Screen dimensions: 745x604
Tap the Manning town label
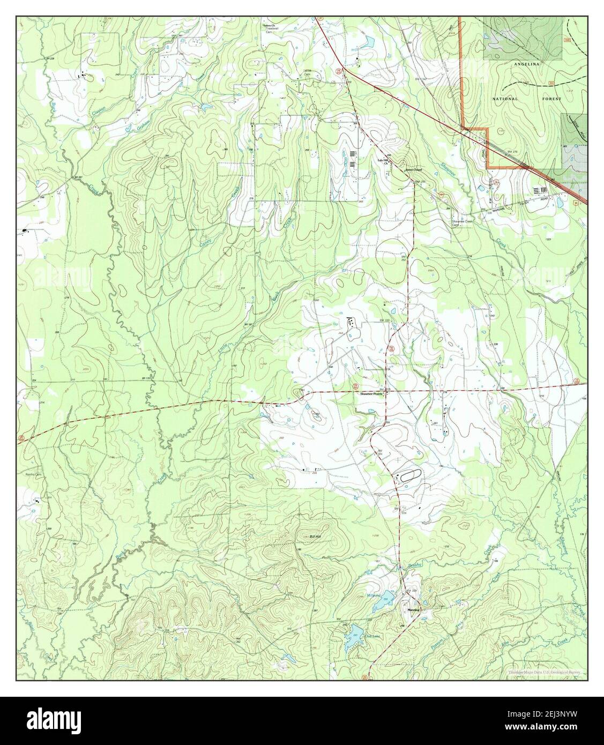click(x=413, y=610)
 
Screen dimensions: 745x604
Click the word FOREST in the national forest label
click(x=551, y=99)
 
